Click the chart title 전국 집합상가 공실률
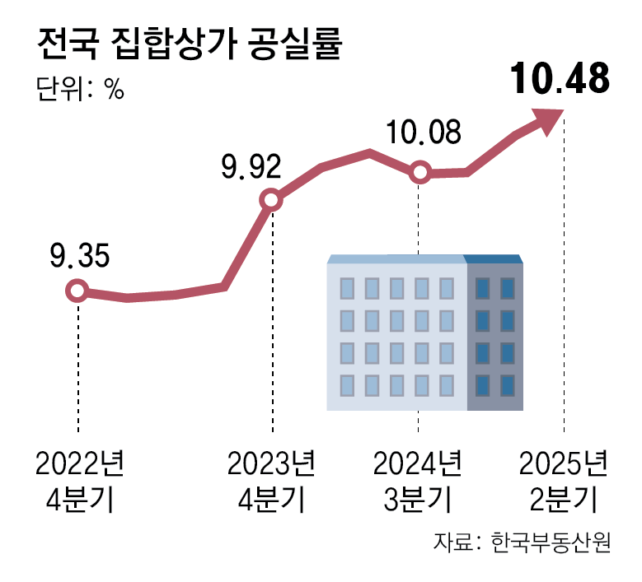(189, 44)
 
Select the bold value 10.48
(560, 80)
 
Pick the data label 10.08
(424, 133)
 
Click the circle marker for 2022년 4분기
(77, 291)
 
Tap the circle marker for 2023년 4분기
(271, 200)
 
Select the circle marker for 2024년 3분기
(419, 173)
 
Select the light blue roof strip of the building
(396, 258)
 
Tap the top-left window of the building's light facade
(348, 288)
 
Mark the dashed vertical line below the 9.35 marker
(77, 362)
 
